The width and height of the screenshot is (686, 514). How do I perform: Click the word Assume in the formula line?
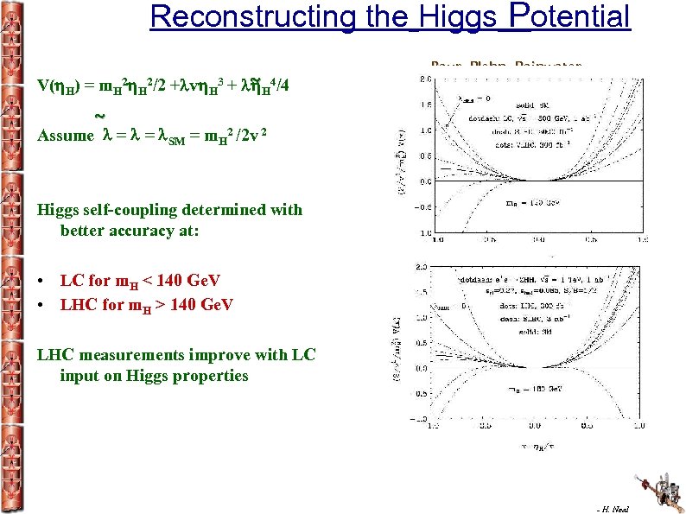[66, 136]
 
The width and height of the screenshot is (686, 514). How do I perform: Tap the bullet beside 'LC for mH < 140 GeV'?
[42, 282]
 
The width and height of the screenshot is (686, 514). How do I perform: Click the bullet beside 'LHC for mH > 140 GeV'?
[42, 305]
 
